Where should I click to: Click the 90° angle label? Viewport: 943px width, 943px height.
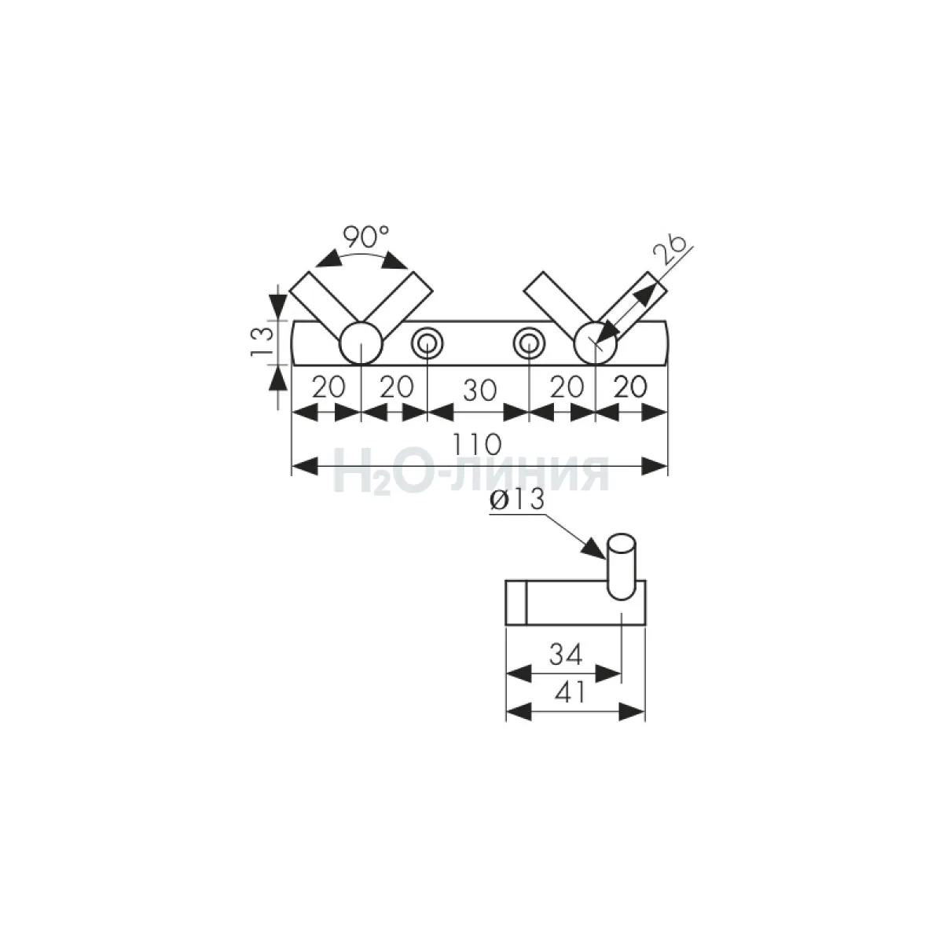click(x=365, y=237)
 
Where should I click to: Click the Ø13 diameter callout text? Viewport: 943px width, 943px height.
click(x=516, y=500)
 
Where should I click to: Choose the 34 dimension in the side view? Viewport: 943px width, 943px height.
click(x=566, y=655)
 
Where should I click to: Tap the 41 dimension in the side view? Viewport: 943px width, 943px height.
click(x=570, y=692)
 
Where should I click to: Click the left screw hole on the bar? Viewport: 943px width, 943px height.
click(x=427, y=343)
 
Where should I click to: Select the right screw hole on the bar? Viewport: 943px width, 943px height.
click(x=529, y=343)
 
